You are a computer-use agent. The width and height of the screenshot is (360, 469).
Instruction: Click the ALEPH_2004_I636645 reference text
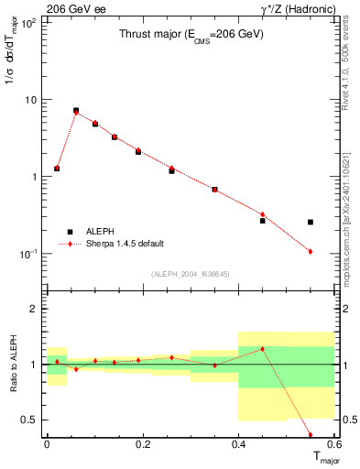click(x=190, y=273)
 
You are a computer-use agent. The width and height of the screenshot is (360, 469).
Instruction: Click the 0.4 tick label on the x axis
click(x=239, y=444)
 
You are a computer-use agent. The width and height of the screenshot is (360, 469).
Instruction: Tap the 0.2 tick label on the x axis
click(x=143, y=444)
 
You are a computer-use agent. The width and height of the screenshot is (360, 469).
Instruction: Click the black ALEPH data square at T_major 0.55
click(x=311, y=222)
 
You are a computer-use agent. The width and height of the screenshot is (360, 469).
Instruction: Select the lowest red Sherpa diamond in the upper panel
click(x=311, y=251)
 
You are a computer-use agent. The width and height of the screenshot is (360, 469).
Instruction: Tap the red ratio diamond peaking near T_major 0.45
click(x=262, y=349)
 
